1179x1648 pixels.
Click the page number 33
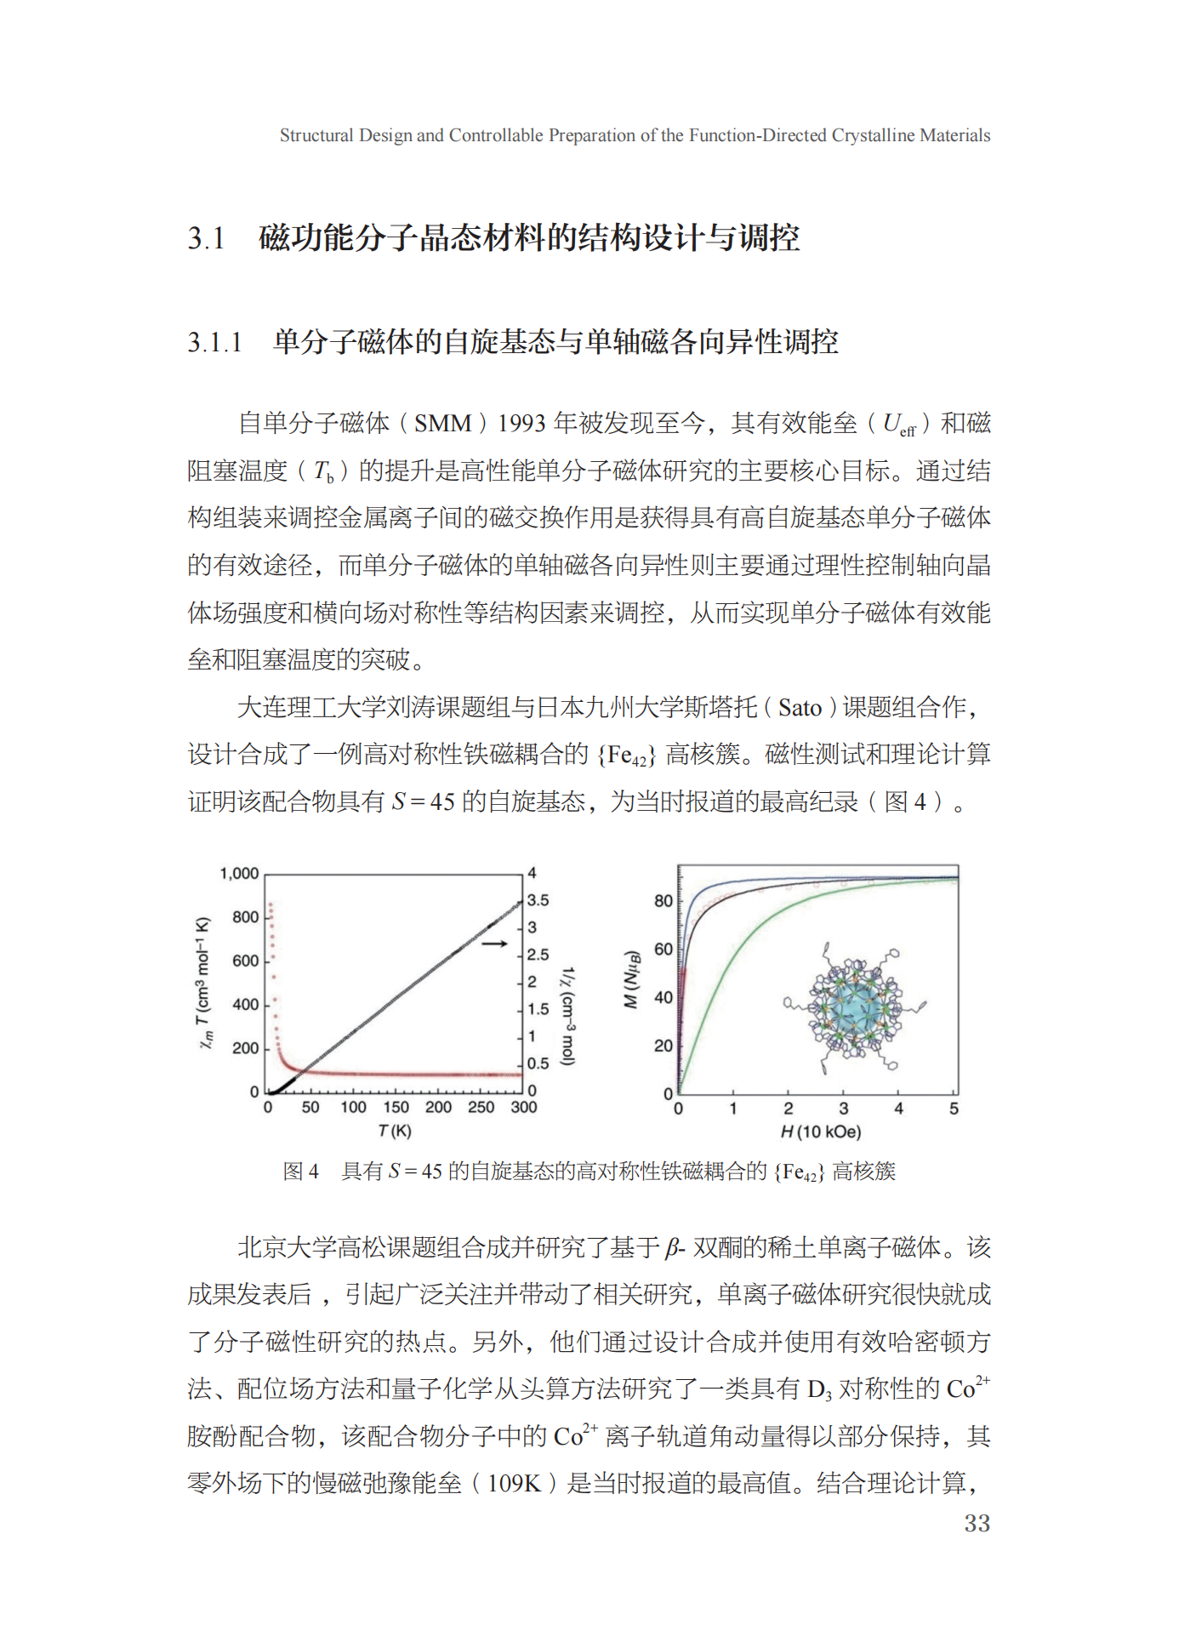977,1523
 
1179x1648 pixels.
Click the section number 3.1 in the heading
206,238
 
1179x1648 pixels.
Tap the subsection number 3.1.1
214,343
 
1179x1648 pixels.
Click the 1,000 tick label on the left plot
239,874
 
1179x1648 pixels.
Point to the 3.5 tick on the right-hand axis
538,900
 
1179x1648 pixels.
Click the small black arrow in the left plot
494,944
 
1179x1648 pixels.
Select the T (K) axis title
395,1131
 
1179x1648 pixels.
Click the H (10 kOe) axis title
820,1132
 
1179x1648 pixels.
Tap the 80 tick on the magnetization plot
663,900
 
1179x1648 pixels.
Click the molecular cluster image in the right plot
855,1008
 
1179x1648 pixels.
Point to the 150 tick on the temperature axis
396,1107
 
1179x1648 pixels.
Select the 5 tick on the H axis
954,1109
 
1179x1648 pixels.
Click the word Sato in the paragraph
800,708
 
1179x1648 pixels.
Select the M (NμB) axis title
630,979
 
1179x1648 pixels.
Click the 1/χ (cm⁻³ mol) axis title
567,1016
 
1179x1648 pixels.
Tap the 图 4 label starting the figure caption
300,1172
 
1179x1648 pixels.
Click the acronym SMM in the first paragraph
442,424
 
